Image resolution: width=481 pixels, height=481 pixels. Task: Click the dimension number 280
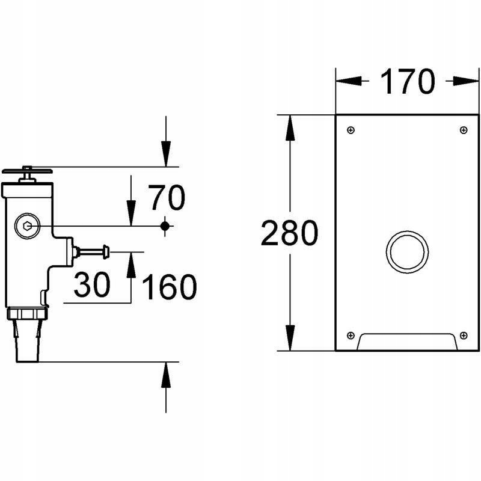click(x=289, y=233)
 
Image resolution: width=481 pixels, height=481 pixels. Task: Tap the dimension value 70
click(x=167, y=198)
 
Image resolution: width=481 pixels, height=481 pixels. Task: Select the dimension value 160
click(x=169, y=287)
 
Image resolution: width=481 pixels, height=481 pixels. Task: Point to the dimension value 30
click(x=92, y=285)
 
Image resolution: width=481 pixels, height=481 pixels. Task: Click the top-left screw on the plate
click(x=351, y=130)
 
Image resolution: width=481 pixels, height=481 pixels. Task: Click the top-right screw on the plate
click(x=463, y=130)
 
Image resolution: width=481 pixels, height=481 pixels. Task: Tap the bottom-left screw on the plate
click(x=351, y=335)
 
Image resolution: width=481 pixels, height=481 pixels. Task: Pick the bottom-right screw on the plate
click(x=463, y=335)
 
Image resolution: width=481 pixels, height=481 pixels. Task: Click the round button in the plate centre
click(x=407, y=251)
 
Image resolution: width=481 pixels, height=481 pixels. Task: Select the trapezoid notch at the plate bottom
click(x=407, y=342)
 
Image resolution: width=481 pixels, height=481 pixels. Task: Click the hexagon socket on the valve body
click(x=26, y=227)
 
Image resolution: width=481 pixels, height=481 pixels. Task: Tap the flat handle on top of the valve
click(x=27, y=171)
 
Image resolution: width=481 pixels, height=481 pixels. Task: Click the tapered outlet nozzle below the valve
click(x=27, y=340)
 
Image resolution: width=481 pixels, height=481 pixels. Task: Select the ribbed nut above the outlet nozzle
click(x=27, y=313)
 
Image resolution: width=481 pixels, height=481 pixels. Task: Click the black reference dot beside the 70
click(x=165, y=225)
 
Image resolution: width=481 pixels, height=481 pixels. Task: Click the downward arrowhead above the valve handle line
click(x=166, y=154)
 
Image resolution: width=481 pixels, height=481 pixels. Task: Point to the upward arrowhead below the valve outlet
click(x=166, y=375)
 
